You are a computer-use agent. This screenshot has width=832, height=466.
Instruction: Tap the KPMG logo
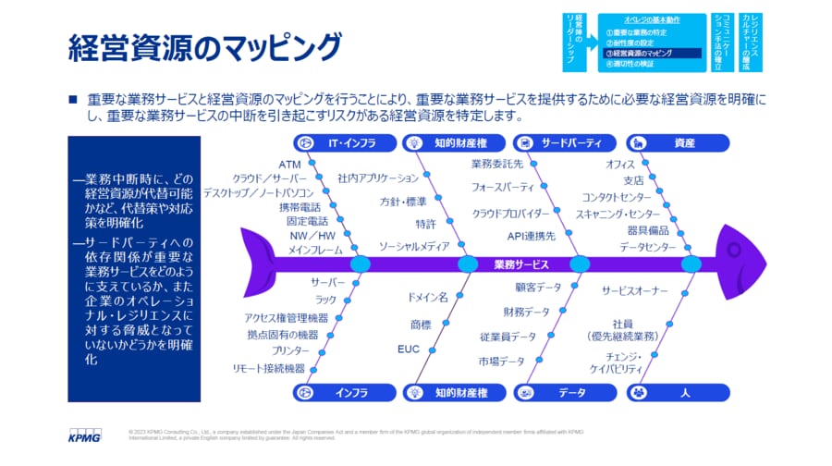[87, 433]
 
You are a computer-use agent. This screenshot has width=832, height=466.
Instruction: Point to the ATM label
[289, 165]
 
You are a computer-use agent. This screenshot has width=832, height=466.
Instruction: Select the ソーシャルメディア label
[414, 247]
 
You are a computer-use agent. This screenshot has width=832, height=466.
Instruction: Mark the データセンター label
[647, 247]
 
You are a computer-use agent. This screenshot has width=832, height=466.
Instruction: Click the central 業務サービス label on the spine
[520, 264]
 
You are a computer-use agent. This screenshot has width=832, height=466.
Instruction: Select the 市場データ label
[502, 361]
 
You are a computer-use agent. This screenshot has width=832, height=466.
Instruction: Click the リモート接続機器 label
[269, 368]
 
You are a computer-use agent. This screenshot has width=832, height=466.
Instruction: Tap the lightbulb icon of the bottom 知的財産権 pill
[415, 392]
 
